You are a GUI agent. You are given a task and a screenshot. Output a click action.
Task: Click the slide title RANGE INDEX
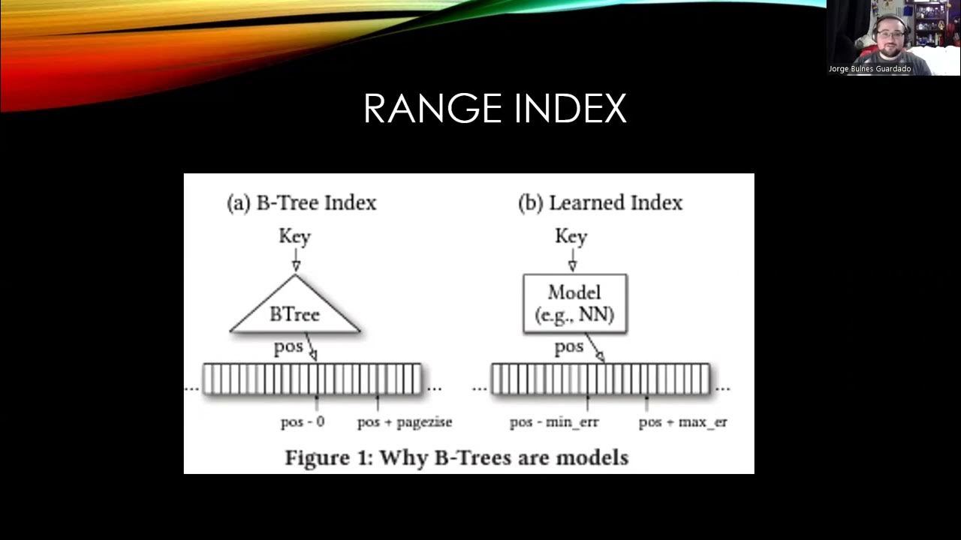[x=494, y=109]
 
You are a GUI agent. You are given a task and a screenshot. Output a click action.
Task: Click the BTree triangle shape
[x=294, y=310]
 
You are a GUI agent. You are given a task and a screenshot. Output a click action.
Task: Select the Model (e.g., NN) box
[x=574, y=303]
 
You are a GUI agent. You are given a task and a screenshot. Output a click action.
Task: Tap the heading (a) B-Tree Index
[x=301, y=202]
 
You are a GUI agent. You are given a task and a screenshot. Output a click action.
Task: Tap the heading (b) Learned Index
[x=600, y=202]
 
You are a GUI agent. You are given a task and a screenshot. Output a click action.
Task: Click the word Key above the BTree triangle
[x=294, y=236]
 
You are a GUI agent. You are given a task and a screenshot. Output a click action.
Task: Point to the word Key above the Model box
[x=571, y=236]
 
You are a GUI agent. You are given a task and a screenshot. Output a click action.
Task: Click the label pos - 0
[x=303, y=421]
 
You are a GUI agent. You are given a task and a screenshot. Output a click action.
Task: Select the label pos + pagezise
[x=405, y=421]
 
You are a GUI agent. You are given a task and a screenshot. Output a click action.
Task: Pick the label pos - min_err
[x=554, y=422]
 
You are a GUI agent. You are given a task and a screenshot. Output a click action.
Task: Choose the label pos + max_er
[x=682, y=422]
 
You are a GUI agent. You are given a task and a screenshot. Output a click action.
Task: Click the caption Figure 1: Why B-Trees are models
[x=456, y=457]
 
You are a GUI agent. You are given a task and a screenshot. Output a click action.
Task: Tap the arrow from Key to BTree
[x=295, y=260]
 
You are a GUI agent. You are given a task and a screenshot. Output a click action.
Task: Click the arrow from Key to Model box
[x=572, y=260]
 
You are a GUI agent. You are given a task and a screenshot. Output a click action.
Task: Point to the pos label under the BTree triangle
[x=288, y=346]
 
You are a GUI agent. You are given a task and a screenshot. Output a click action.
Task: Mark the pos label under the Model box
[x=568, y=346]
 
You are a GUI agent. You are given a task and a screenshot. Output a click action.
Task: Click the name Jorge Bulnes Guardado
[x=869, y=69]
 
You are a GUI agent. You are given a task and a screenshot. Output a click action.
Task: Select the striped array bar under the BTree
[x=312, y=379]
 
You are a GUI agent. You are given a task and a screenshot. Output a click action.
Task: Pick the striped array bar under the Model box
[x=600, y=379]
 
